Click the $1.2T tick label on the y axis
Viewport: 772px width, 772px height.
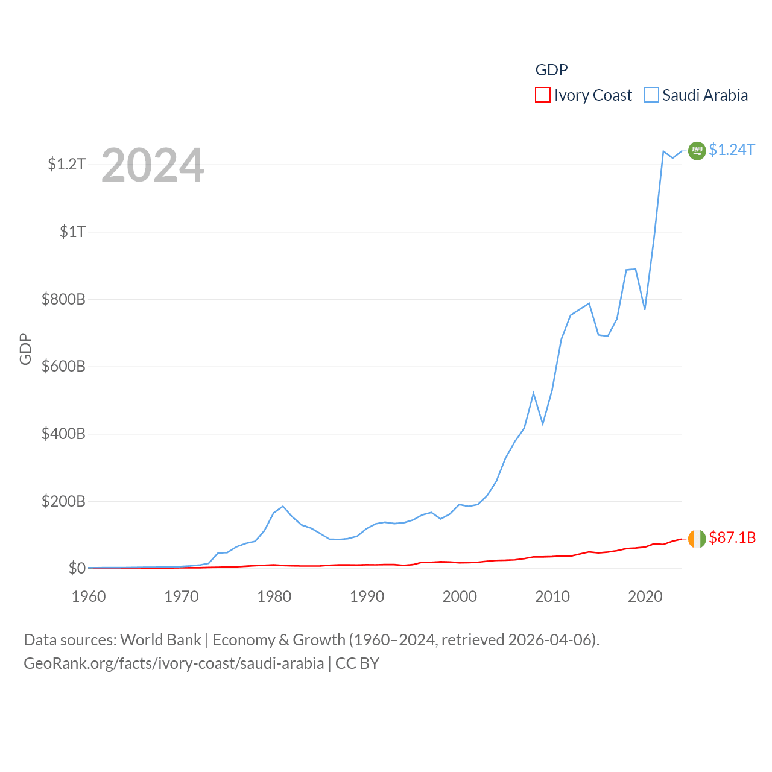coord(66,164)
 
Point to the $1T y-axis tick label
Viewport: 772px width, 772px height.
coord(72,232)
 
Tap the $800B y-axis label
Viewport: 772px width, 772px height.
coord(63,299)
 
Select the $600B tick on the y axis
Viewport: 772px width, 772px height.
coord(63,366)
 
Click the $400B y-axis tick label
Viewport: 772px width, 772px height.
coord(63,434)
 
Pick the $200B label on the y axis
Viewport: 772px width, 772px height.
coord(63,501)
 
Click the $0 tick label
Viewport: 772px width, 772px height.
coord(77,568)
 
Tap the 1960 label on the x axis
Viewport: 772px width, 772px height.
coord(89,596)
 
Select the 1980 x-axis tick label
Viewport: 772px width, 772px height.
coord(274,596)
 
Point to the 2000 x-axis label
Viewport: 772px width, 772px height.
coord(460,596)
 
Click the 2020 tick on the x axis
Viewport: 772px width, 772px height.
coord(645,596)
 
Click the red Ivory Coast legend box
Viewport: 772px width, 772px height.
coord(543,95)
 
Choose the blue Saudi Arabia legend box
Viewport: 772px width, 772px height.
coord(651,95)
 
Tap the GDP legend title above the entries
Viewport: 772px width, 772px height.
coord(551,70)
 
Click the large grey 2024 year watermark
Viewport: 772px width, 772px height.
coord(153,165)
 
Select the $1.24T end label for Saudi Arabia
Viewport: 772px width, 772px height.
coord(732,150)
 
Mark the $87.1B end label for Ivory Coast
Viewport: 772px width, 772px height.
coord(732,537)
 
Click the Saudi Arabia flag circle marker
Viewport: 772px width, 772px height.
coord(697,150)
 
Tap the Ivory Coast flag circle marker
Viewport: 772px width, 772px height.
coord(697,539)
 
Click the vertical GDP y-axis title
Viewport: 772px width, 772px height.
coord(25,349)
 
